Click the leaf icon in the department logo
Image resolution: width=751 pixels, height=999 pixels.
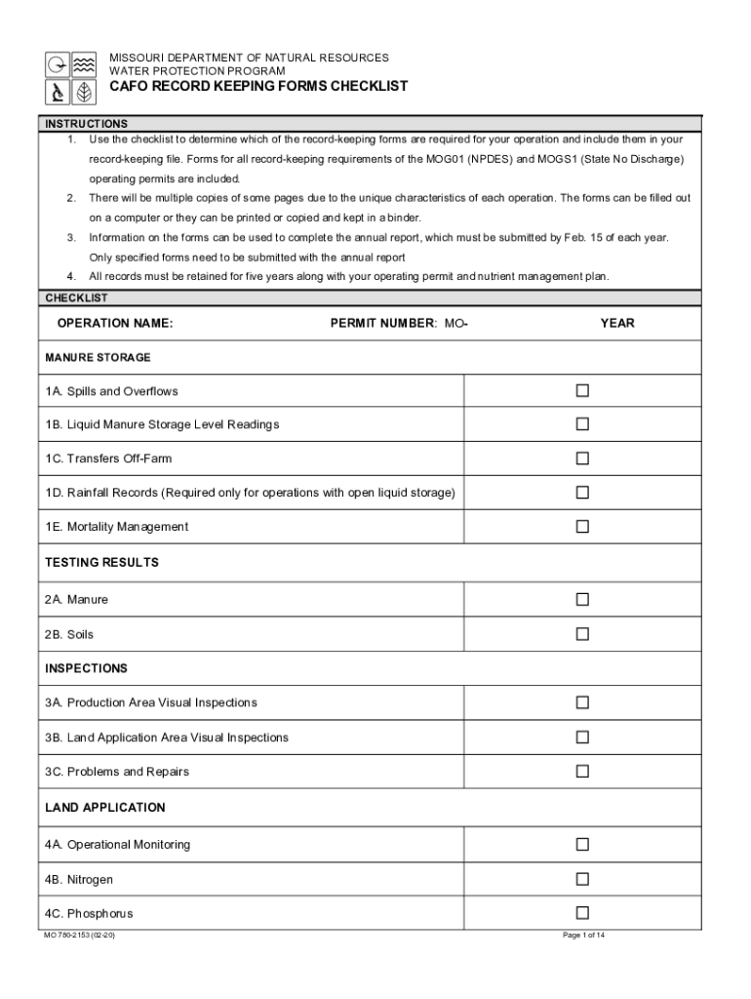(x=86, y=92)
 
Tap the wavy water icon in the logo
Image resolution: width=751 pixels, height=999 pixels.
(x=86, y=64)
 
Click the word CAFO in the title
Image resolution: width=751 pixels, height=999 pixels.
(x=128, y=87)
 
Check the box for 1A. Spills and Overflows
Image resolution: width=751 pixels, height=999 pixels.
(x=582, y=390)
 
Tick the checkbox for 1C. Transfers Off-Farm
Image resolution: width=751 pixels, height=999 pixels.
(x=582, y=459)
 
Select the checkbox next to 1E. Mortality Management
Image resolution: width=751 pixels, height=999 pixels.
(x=582, y=527)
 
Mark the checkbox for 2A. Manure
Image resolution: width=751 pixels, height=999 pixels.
(x=582, y=599)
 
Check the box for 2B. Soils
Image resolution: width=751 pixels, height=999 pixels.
(x=582, y=634)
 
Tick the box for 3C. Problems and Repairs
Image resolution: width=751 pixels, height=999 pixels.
(x=582, y=772)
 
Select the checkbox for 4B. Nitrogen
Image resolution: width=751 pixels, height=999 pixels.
(x=582, y=879)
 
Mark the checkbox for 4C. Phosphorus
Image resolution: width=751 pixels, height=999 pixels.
(x=582, y=913)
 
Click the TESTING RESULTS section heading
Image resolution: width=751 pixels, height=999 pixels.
(x=101, y=563)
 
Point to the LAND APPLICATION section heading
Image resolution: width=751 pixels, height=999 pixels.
(x=105, y=808)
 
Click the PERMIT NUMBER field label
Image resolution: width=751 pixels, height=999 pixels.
(x=383, y=323)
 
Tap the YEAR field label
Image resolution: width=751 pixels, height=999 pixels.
(x=617, y=323)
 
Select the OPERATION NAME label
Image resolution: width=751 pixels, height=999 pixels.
(x=114, y=323)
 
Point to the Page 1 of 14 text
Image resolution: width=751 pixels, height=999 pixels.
(x=584, y=935)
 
